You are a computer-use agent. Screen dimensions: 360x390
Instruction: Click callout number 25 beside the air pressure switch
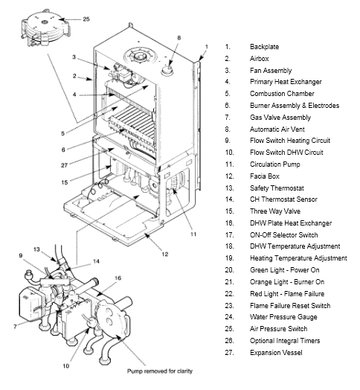[86, 19]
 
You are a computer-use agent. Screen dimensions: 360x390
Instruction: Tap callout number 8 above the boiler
[179, 38]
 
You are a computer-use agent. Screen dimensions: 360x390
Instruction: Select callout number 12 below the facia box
[165, 255]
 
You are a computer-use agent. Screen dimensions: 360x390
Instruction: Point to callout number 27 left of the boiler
[65, 165]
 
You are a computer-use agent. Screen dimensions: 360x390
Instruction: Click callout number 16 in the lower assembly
[118, 278]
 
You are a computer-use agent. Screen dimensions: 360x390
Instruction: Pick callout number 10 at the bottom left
[66, 366]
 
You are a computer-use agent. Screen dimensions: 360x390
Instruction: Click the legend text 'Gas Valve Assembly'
[280, 118]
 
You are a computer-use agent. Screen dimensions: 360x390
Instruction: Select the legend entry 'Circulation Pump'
[275, 164]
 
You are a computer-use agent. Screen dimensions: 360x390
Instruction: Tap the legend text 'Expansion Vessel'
[276, 353]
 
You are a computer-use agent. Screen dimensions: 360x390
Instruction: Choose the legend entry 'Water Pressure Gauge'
[283, 317]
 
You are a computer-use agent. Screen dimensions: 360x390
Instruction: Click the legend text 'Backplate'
[264, 47]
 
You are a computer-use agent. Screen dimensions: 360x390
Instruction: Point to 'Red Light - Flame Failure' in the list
[287, 294]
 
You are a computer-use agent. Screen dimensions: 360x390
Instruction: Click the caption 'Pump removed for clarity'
[160, 371]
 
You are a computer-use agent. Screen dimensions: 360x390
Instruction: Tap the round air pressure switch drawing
[45, 28]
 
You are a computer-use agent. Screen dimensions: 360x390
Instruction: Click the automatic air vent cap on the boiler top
[167, 70]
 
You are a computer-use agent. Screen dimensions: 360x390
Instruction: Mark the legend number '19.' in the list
[229, 258]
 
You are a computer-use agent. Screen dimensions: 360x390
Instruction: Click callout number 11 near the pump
[193, 234]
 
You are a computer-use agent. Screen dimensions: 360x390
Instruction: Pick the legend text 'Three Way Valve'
[275, 211]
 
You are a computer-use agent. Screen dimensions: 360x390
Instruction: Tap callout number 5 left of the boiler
[63, 133]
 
